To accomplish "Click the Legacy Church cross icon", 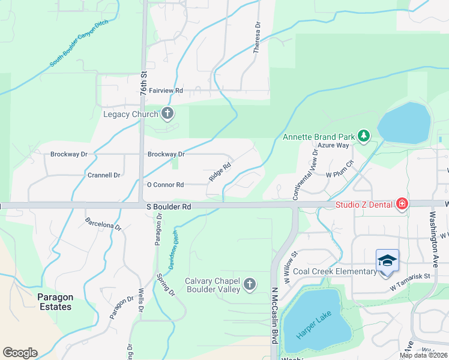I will point(167,113).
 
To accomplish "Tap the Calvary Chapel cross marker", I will point(249,284).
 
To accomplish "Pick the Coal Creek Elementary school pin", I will point(387,262).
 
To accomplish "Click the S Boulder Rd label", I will point(169,206).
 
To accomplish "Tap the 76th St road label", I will point(144,85).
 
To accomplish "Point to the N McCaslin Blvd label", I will point(274,314).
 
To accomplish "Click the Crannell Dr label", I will point(104,175).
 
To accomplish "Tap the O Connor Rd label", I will point(165,185).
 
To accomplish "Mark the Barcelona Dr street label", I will point(103,224).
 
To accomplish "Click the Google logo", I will point(20,353).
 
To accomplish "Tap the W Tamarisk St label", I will point(411,276).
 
